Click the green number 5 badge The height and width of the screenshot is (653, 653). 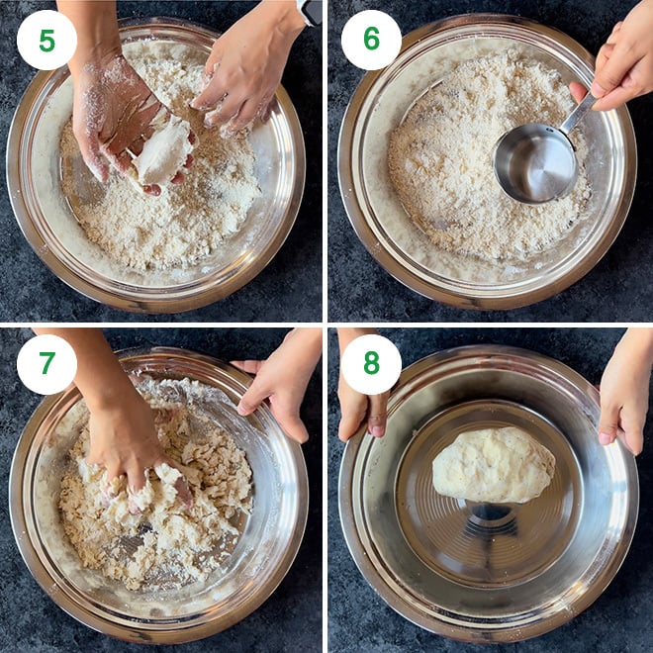[47, 40]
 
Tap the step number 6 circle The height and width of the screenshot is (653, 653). [371, 40]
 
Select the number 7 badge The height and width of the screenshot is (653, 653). [47, 364]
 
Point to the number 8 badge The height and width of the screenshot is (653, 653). [371, 364]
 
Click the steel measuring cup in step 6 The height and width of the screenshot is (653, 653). [534, 163]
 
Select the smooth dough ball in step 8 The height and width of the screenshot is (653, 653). [494, 464]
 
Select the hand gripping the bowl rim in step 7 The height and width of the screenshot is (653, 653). [282, 381]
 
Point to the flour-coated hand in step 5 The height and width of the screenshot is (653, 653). [114, 114]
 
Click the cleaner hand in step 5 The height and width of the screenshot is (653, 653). [242, 74]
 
